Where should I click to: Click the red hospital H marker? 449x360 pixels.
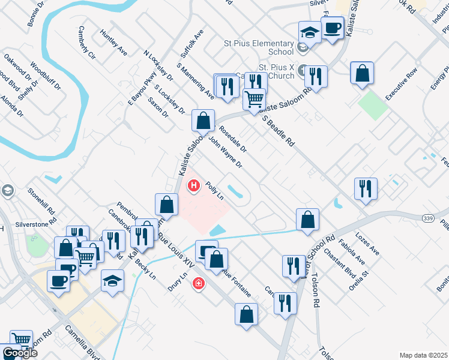194,186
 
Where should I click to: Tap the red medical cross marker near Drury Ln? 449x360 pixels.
197,283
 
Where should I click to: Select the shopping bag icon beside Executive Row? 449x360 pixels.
362,73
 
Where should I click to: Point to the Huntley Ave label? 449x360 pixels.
113,42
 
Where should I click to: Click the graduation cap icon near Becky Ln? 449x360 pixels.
112,280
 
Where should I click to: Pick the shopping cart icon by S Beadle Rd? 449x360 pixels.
255,98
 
